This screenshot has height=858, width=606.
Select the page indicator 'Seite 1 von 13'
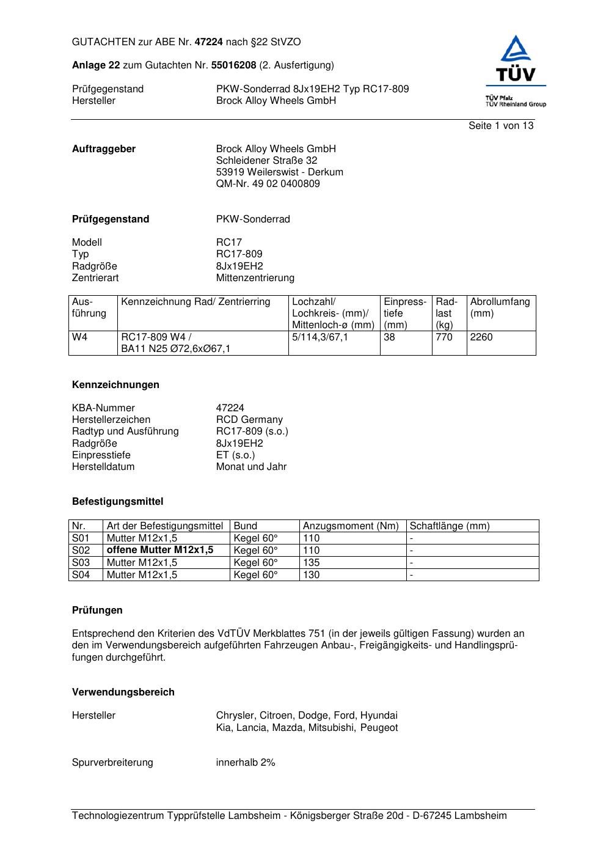pyautogui.click(x=500, y=126)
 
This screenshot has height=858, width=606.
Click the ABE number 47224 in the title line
pyautogui.click(x=209, y=42)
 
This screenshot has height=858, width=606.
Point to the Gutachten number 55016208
pyautogui.click(x=233, y=65)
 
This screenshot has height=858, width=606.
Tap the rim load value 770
pyautogui.click(x=444, y=337)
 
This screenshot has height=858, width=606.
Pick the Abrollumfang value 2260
pyautogui.click(x=481, y=337)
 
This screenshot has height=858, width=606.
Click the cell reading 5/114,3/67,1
pyautogui.click(x=320, y=337)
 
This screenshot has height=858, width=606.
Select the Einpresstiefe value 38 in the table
pyautogui.click(x=390, y=337)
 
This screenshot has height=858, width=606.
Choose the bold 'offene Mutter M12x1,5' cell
pyautogui.click(x=160, y=550)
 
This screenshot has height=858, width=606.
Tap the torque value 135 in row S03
pyautogui.click(x=312, y=562)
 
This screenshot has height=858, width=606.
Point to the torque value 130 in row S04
pyautogui.click(x=312, y=574)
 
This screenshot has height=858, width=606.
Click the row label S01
pyautogui.click(x=81, y=538)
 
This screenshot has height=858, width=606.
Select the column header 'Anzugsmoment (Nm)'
pyautogui.click(x=351, y=526)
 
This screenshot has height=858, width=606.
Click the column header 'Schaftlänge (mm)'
pyautogui.click(x=450, y=526)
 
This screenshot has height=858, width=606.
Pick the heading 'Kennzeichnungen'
pyautogui.click(x=115, y=385)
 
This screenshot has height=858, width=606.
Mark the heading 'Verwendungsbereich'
pyautogui.click(x=123, y=692)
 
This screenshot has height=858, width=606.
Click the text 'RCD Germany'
pyautogui.click(x=249, y=420)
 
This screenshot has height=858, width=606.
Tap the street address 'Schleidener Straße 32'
pyautogui.click(x=266, y=161)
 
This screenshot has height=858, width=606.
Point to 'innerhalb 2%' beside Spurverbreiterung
pyautogui.click(x=246, y=763)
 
